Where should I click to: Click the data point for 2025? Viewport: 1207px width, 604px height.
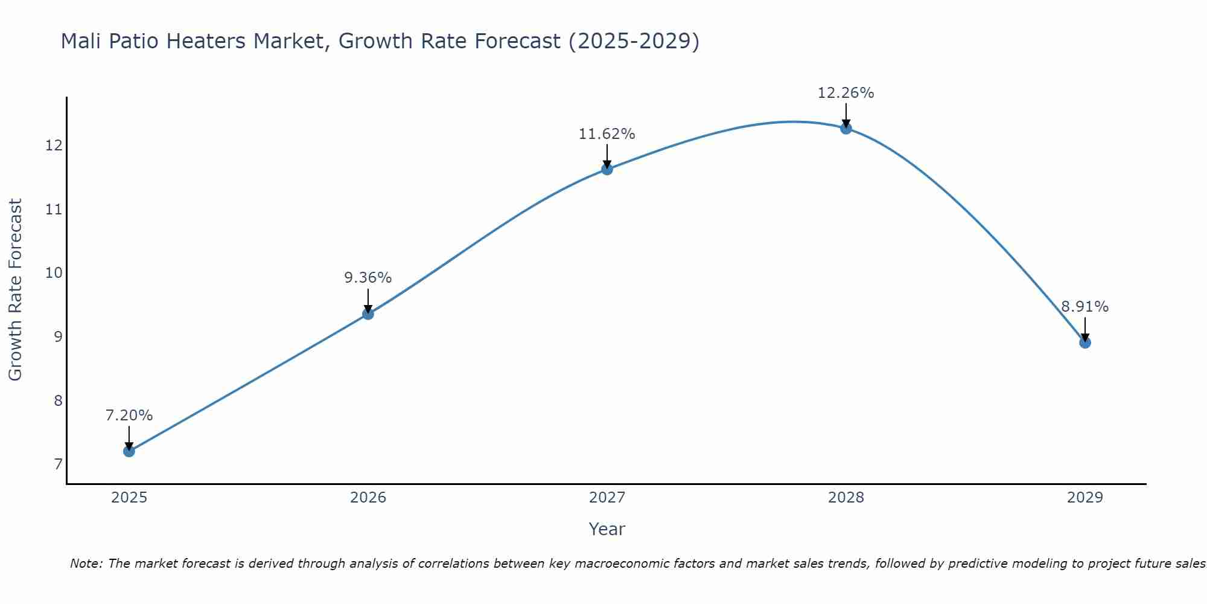coord(129,451)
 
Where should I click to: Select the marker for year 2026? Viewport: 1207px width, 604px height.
coord(368,313)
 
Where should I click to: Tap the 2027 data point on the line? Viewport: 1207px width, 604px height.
coord(607,169)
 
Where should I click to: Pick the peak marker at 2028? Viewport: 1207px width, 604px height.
coord(846,128)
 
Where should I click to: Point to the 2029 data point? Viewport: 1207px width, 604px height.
coord(1084,342)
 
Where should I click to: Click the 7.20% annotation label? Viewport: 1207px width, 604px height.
coord(129,416)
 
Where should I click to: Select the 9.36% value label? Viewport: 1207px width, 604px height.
coord(368,278)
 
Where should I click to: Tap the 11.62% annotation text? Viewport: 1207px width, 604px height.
coord(607,134)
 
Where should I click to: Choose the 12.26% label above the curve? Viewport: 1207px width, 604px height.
coord(846,93)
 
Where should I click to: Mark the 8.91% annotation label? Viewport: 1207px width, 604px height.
coord(1084,307)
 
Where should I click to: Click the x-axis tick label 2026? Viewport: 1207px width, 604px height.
coord(368,498)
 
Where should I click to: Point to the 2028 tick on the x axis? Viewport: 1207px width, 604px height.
coord(846,498)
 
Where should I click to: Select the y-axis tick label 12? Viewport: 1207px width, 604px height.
coord(54,146)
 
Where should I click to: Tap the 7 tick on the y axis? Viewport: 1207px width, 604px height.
coord(58,464)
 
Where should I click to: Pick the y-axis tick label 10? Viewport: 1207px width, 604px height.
coord(54,273)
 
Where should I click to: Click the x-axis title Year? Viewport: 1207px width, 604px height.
coord(607,529)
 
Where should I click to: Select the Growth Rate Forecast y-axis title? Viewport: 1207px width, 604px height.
coord(16,290)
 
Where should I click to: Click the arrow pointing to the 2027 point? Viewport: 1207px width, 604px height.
coord(607,156)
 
